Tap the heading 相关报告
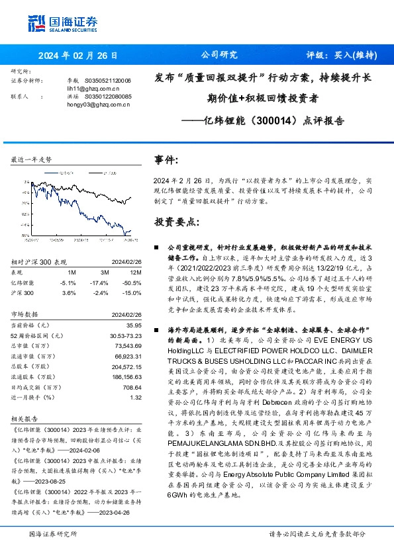tap(24, 419)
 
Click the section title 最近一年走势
tap(32, 160)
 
